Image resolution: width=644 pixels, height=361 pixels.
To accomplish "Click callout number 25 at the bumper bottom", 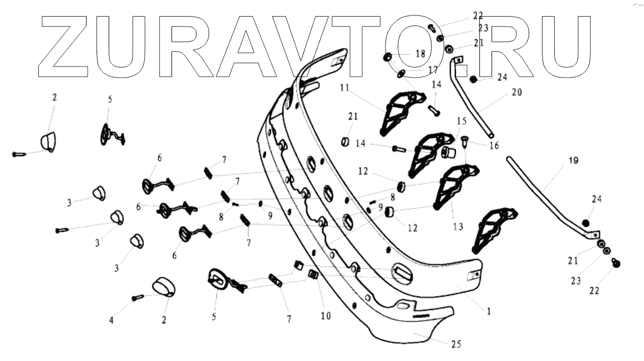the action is click(455, 344).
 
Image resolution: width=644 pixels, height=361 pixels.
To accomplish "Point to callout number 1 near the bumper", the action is click(489, 312).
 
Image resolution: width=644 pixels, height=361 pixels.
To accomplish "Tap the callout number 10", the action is click(325, 316).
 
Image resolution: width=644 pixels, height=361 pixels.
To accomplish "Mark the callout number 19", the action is click(573, 161).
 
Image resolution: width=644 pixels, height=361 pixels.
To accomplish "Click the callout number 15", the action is click(462, 120).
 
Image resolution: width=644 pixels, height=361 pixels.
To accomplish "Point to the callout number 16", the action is click(494, 145).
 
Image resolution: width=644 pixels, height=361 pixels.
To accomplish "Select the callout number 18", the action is click(419, 54).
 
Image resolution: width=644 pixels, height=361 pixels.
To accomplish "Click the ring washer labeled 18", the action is click(388, 57).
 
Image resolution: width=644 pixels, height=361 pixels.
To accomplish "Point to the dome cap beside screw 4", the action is click(163, 287).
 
